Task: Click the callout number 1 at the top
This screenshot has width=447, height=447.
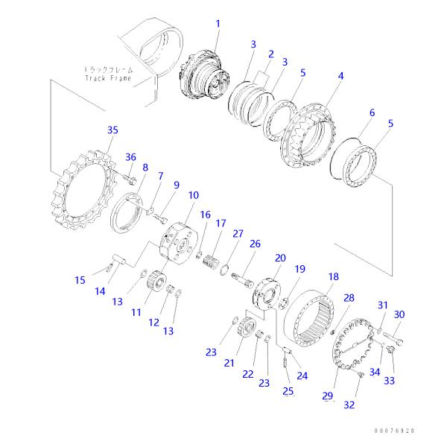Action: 218,24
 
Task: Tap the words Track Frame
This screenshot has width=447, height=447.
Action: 109,77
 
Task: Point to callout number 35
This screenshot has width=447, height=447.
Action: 112,130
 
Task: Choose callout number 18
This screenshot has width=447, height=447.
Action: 333,276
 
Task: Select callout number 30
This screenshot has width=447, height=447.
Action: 399,314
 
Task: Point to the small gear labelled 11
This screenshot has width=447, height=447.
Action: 157,283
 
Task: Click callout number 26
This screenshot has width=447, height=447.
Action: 255,244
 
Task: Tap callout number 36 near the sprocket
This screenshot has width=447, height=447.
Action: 130,156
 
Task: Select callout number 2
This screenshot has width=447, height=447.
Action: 270,54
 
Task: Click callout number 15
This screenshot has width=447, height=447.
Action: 80,280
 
